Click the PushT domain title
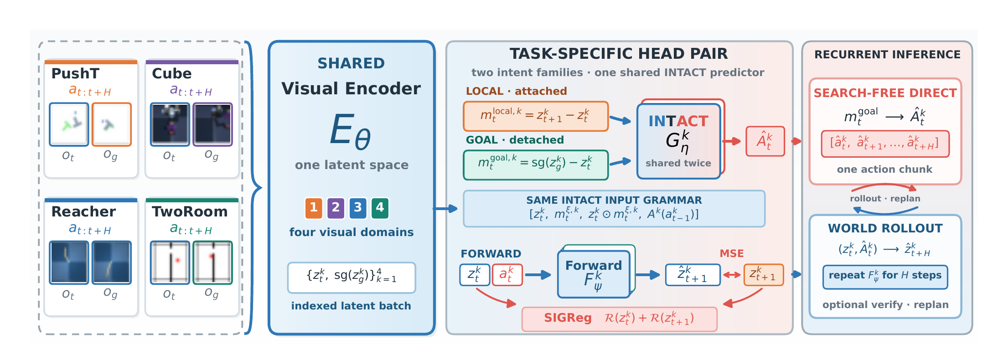75,73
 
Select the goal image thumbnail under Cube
212,124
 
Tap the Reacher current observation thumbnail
69,262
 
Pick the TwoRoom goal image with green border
212,262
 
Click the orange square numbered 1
314,208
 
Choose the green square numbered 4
380,208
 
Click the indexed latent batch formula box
352,278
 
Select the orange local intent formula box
536,116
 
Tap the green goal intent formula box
536,165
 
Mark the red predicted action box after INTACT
765,141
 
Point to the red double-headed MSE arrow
732,275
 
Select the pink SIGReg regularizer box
619,319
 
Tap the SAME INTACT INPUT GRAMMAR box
614,209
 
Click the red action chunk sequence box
885,144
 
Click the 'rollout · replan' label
885,199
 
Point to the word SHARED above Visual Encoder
351,63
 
